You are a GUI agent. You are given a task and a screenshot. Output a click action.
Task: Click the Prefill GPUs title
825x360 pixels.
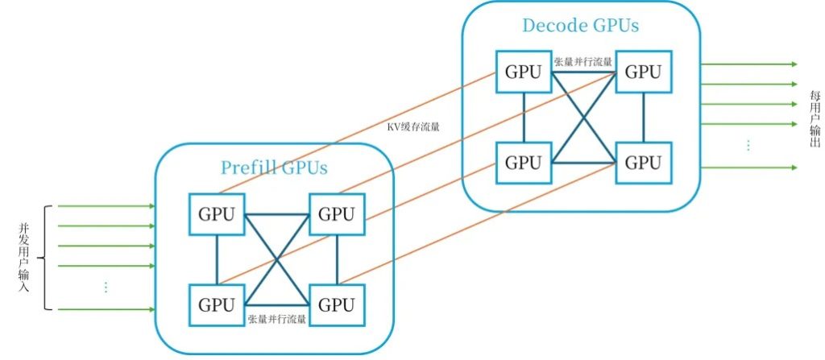(x=274, y=168)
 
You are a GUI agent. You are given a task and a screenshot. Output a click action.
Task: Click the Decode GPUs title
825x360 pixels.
(x=580, y=25)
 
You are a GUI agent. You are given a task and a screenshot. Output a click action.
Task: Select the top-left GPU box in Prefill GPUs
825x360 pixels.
(x=217, y=214)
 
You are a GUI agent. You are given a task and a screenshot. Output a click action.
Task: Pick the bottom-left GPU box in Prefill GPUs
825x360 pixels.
(x=217, y=305)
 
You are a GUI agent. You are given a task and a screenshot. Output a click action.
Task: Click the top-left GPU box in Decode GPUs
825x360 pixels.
(x=523, y=71)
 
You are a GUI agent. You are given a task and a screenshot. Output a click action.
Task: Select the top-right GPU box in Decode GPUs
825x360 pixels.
(x=643, y=71)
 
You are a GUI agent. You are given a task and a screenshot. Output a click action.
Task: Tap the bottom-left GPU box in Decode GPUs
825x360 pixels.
(x=523, y=162)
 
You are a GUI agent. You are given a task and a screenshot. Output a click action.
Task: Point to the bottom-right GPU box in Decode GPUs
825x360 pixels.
(x=643, y=162)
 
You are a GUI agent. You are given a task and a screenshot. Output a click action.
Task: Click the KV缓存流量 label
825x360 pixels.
(x=413, y=126)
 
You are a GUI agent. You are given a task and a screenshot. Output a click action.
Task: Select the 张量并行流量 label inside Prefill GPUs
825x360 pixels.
(x=276, y=320)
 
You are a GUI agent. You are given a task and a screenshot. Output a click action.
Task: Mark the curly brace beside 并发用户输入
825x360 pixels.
(x=45, y=258)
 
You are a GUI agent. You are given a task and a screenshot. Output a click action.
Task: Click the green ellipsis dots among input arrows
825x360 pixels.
(x=106, y=287)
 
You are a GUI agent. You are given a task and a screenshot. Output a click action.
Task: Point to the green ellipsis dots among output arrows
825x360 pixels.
(x=748, y=145)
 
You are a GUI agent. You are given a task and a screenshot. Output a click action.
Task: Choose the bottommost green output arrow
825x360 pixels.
(x=749, y=168)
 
